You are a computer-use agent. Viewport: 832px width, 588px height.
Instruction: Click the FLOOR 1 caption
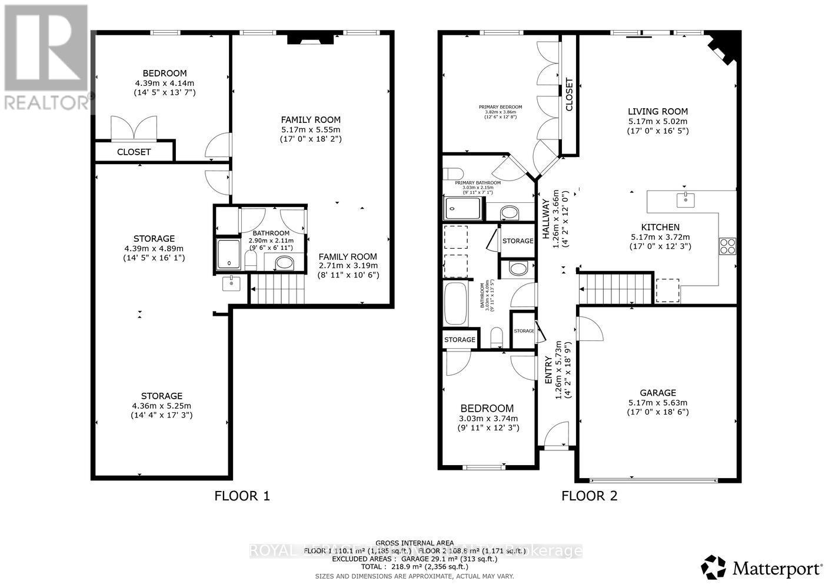pos(242,496)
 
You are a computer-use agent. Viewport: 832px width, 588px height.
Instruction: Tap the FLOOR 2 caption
pos(589,496)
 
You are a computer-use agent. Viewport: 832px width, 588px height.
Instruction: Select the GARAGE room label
pos(658,393)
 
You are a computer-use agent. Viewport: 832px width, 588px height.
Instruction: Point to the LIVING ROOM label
pos(657,112)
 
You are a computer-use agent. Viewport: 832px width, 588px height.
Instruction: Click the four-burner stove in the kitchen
pos(727,245)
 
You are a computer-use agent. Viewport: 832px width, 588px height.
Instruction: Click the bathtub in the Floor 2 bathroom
pos(455,303)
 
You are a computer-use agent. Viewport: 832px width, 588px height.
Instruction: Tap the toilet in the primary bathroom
pos(453,173)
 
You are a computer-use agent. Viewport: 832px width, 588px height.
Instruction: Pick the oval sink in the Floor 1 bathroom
pos(285,262)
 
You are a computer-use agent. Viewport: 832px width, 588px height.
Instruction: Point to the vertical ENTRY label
pos(548,370)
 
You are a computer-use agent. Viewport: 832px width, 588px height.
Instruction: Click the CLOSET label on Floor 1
pos(134,152)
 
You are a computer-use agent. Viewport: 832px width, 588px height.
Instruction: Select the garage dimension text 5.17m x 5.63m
pos(658,403)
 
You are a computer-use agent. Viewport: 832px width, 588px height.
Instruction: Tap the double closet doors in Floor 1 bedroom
pos(135,127)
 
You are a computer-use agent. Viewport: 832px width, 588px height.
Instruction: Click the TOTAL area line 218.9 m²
pos(414,567)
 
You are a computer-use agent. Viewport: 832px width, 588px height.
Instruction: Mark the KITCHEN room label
pos(660,227)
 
